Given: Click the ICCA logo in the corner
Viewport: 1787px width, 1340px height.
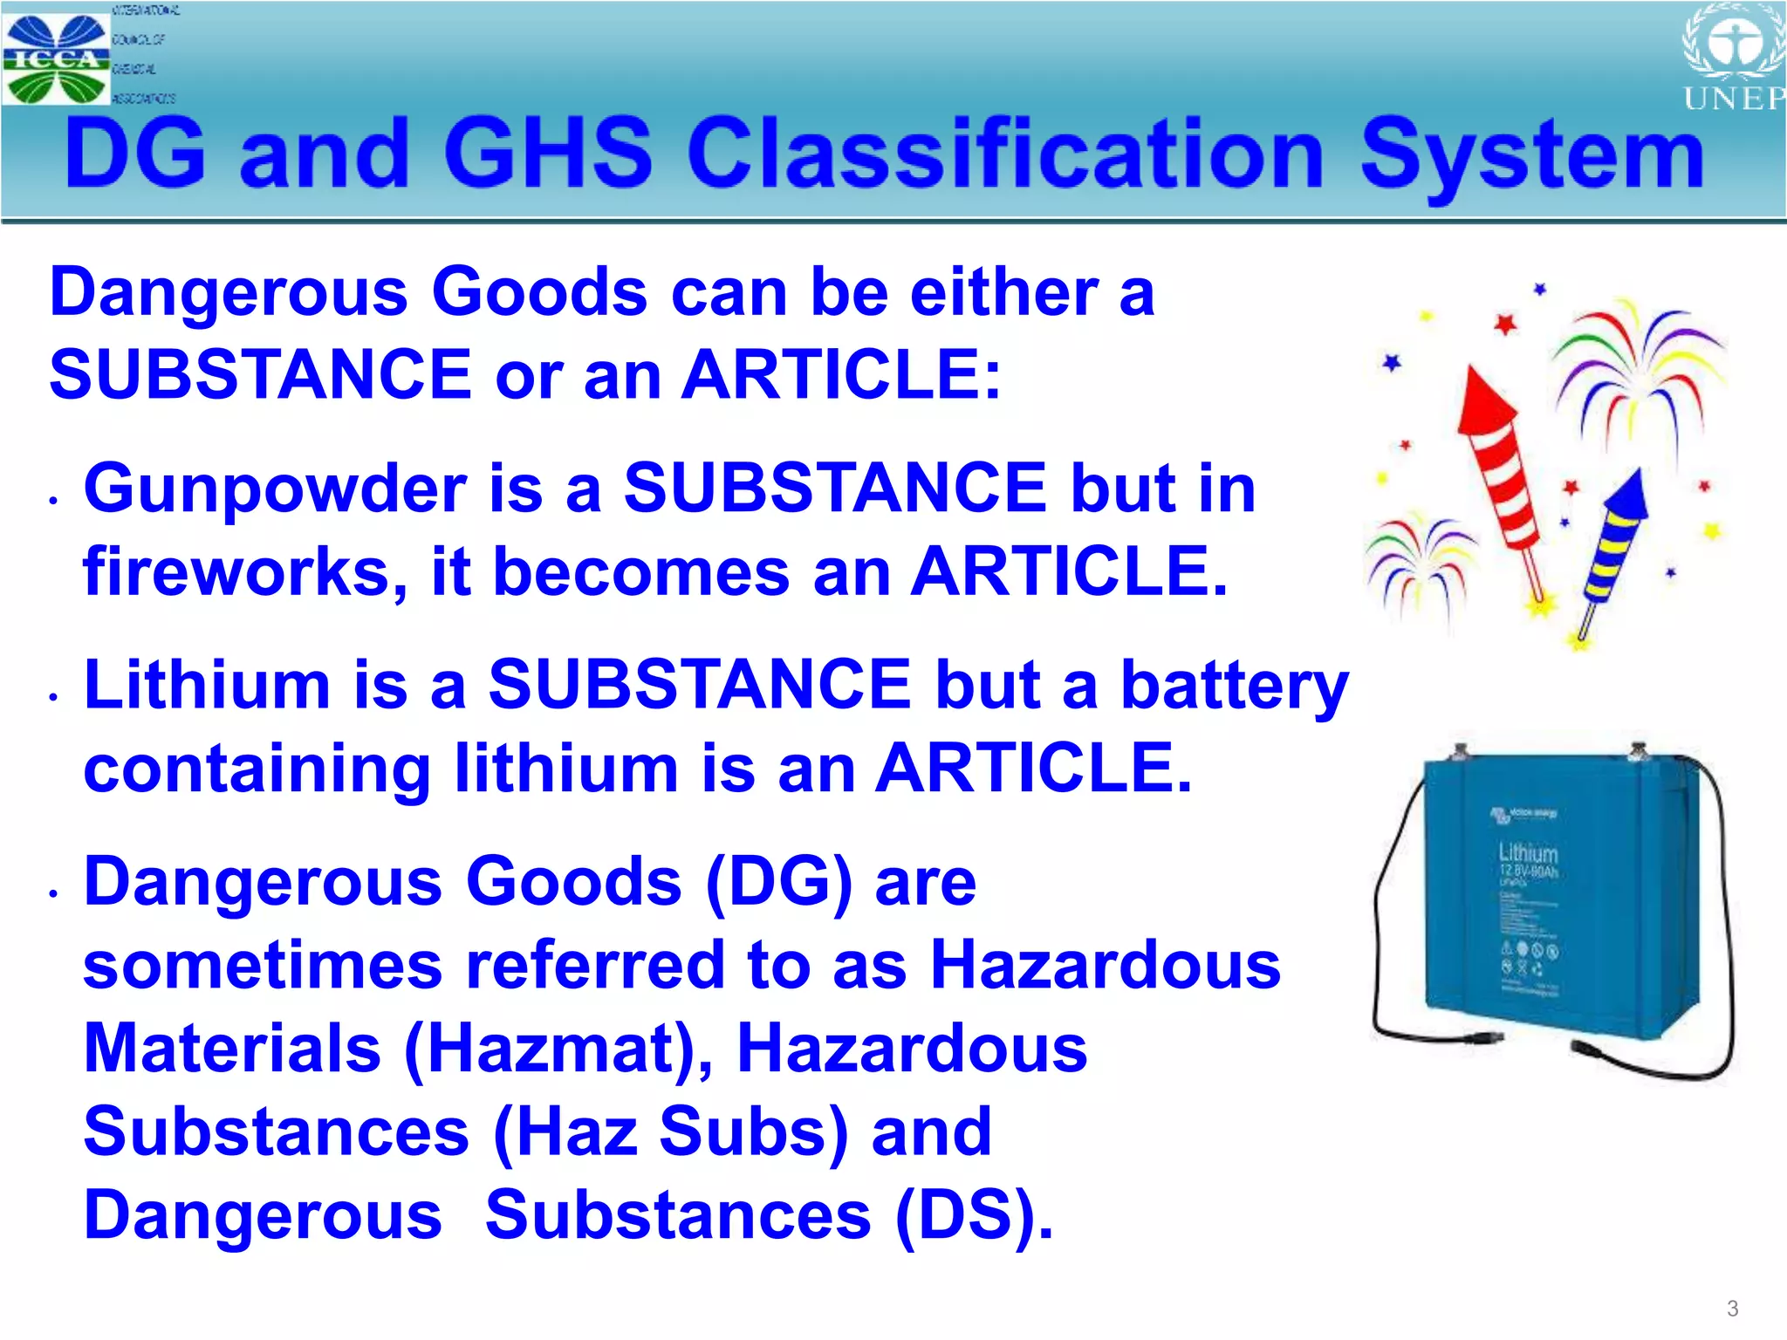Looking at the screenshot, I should coord(57,58).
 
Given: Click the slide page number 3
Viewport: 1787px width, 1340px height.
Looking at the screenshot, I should coord(1732,1308).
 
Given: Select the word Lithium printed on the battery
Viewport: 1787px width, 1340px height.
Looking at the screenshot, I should coord(1528,852).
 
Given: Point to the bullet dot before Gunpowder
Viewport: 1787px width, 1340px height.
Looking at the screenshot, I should coord(54,501).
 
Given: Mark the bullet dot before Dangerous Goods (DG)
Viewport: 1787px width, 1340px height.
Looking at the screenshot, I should coord(54,893).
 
